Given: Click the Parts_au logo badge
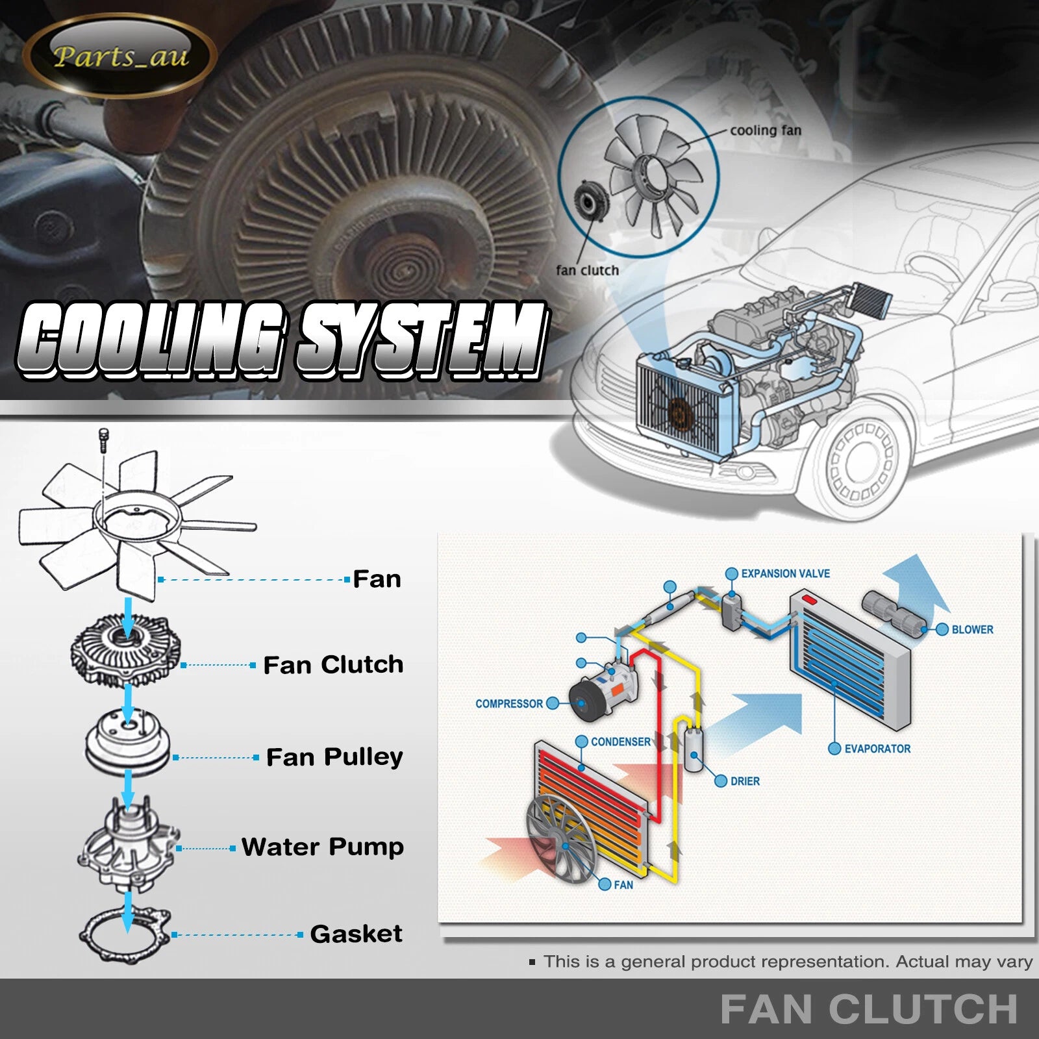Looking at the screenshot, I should click(x=120, y=56).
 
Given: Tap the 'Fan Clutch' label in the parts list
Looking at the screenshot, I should click(x=333, y=665).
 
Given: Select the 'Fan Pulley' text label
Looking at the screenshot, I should click(x=334, y=757).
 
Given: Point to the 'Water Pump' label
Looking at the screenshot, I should click(x=323, y=847).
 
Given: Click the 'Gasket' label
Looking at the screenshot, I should click(x=356, y=934).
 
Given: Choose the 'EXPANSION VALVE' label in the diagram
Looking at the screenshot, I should click(x=785, y=573).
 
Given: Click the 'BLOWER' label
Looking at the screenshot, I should click(x=972, y=629).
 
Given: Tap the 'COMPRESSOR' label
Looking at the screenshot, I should click(x=508, y=703).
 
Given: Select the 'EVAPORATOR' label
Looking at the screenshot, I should click(x=877, y=749).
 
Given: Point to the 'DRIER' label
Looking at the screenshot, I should click(x=745, y=781).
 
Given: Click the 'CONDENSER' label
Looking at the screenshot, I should click(x=620, y=742).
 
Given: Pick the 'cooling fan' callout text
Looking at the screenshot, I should click(x=766, y=131).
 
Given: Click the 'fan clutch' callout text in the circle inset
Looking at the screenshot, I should click(x=587, y=270).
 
